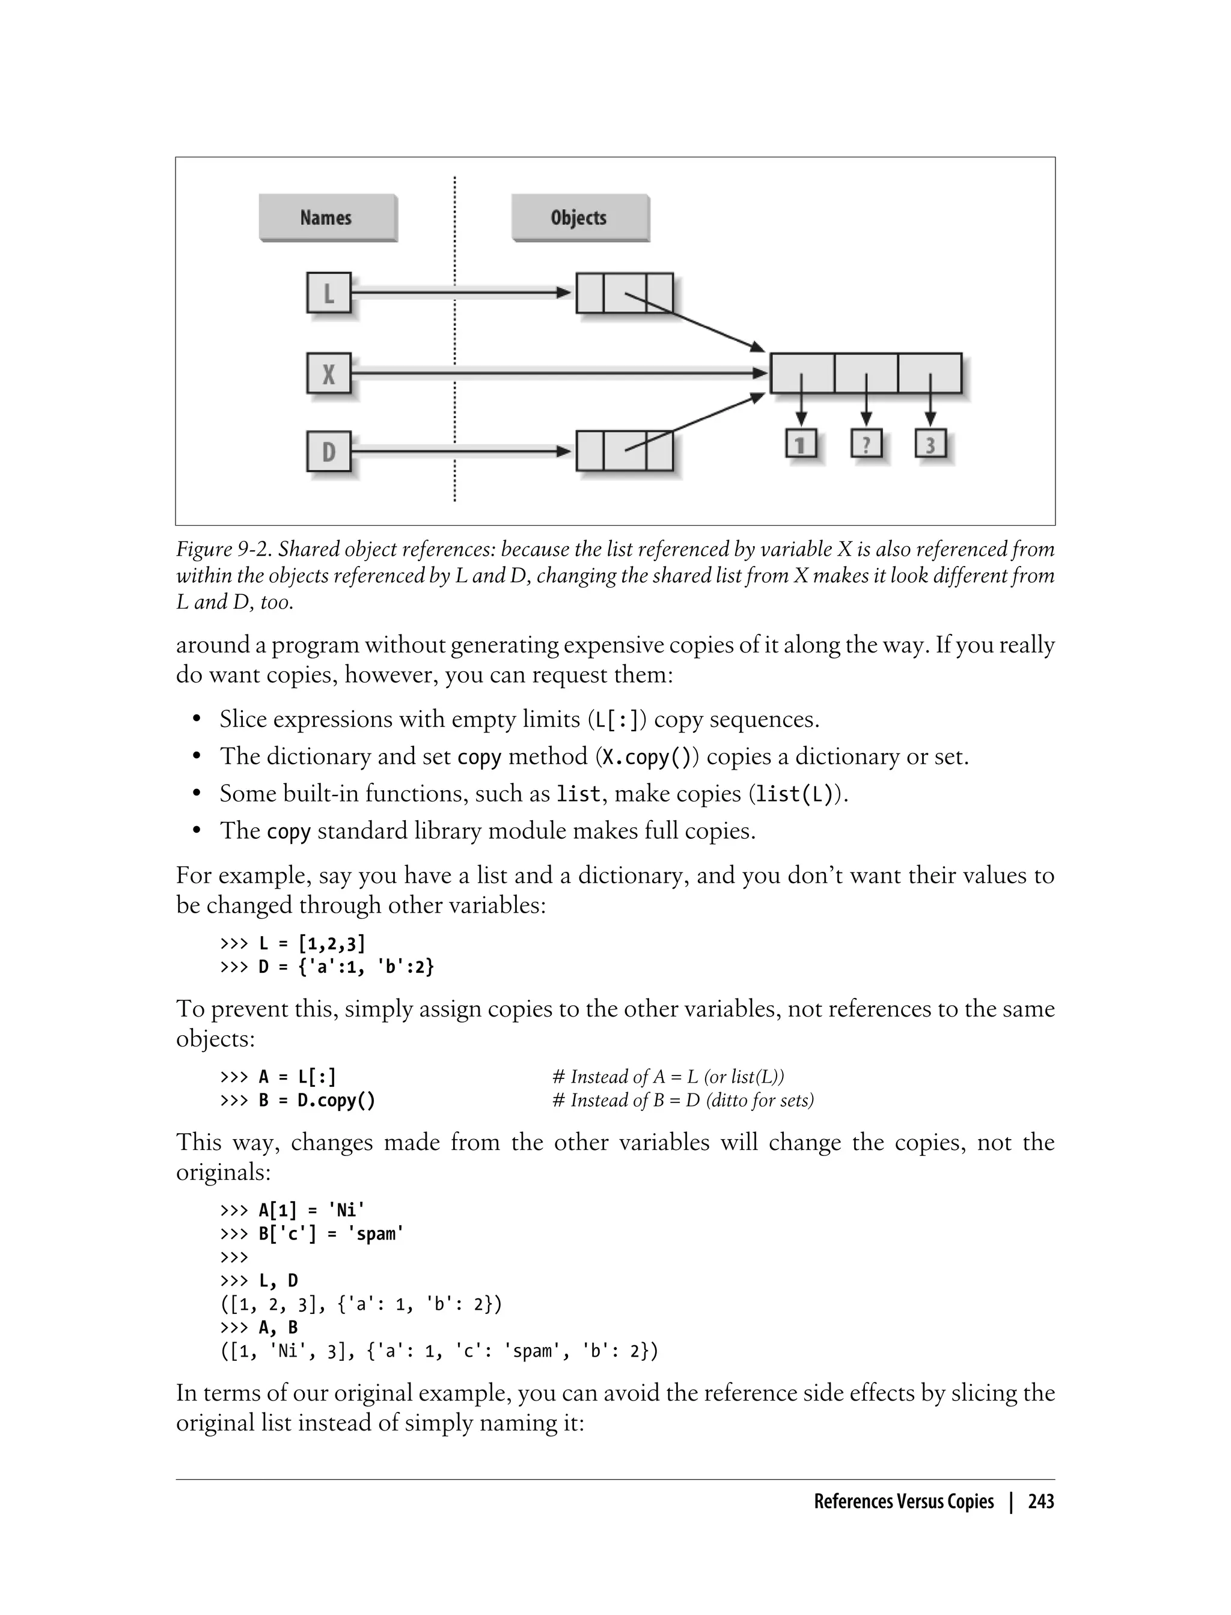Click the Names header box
tap(327, 217)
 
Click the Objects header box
tap(579, 217)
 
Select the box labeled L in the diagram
tap(328, 293)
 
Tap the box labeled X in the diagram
tap(328, 374)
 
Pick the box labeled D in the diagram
tap(328, 452)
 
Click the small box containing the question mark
tap(866, 444)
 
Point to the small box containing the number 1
tap(801, 444)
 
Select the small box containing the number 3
tap(930, 444)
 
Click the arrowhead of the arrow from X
tap(760, 374)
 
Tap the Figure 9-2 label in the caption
tap(223, 549)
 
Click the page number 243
tap(1040, 1501)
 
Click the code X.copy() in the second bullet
tap(647, 757)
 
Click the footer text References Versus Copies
tap(903, 1501)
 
